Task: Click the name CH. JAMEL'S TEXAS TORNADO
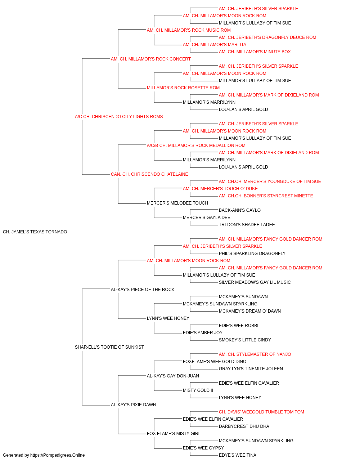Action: [35, 232]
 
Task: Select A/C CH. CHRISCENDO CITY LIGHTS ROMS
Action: [119, 117]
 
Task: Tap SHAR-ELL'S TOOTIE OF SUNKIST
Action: [109, 347]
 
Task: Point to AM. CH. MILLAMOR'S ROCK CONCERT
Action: [151, 59]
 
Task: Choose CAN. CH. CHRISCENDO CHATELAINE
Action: [149, 174]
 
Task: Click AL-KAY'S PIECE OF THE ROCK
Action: [143, 289]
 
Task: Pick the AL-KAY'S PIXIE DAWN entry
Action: [133, 404]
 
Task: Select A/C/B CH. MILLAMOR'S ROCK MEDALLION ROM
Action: [196, 145]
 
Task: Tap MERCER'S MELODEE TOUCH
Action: [177, 203]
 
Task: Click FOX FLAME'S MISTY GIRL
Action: [174, 433]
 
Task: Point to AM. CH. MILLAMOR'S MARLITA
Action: [214, 45]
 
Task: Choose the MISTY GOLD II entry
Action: [198, 390]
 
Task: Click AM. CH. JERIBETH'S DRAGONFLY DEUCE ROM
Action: [267, 37]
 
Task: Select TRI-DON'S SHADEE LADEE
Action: [247, 225]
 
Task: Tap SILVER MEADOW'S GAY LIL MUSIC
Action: [255, 282]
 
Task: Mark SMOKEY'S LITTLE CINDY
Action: [245, 340]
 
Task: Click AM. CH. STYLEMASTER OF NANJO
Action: [255, 354]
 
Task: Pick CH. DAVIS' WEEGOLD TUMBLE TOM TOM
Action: [261, 412]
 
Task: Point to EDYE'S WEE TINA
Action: [238, 455]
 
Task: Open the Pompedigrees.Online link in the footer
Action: [57, 455]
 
